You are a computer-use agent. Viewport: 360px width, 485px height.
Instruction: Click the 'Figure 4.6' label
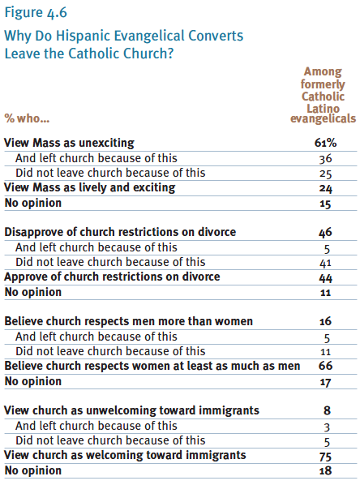pos(36,13)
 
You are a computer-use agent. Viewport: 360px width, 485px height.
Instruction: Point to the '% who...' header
pos(27,118)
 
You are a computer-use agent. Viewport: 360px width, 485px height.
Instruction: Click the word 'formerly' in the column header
pos(323,84)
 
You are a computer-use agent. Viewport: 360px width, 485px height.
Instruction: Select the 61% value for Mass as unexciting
pos(325,143)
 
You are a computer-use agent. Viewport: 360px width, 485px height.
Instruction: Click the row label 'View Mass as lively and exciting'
pos(90,187)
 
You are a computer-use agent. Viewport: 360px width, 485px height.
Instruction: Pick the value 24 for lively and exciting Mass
pos(326,188)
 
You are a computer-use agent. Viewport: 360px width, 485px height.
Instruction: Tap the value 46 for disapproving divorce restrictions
pos(325,232)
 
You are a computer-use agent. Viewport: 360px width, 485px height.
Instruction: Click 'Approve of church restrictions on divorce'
pos(112,277)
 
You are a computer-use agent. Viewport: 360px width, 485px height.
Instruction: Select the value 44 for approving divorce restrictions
pos(326,278)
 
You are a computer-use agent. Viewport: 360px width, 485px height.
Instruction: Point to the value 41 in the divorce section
pos(325,263)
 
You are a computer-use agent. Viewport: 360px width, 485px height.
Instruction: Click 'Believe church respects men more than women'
pos(128,321)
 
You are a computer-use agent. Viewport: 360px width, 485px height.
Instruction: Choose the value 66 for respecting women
pos(325,366)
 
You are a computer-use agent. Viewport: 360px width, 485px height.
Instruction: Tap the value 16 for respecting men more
pos(325,321)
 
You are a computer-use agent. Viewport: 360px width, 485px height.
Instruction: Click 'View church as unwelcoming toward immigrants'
pos(131,410)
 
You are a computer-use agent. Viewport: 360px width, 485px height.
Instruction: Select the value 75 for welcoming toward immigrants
pos(326,457)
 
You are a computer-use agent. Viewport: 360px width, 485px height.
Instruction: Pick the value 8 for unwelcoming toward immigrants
pos(327,410)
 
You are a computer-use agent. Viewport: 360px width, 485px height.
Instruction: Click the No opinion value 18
pos(325,470)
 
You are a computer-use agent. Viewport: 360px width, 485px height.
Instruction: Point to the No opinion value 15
pos(325,204)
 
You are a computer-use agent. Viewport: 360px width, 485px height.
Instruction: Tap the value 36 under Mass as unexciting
pos(326,159)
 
